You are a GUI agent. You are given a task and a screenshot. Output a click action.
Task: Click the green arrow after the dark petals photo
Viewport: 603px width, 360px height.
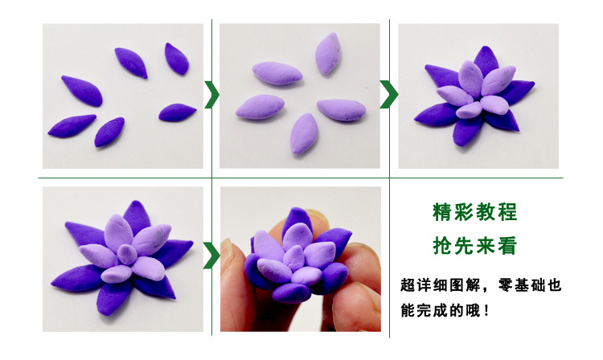pos(211,94)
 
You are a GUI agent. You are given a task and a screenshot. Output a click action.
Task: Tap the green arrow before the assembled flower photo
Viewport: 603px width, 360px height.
pos(389,94)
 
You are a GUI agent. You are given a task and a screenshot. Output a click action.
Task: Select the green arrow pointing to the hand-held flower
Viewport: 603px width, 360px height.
pos(211,256)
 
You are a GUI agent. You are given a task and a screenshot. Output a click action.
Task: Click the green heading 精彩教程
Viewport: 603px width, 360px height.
pos(474,213)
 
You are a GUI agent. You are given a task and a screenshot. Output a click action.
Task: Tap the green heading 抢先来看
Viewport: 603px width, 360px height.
pos(474,246)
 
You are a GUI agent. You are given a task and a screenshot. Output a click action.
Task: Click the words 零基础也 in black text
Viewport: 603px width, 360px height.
pos(528,284)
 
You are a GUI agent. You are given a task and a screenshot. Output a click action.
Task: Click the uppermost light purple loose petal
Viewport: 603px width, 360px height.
pos(327,53)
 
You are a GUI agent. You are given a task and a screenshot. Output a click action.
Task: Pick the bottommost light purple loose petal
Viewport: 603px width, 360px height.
pos(303,133)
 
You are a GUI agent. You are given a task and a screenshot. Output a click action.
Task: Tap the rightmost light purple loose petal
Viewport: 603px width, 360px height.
pos(341,109)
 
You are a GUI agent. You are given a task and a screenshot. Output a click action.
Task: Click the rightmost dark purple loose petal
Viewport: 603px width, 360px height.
pos(177,112)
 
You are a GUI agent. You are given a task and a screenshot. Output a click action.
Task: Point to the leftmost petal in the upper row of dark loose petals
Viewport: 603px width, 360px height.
pos(82,90)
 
